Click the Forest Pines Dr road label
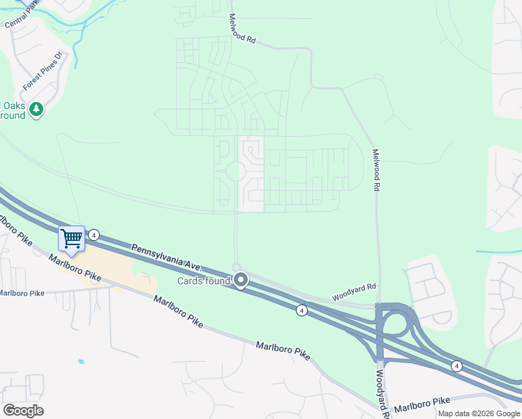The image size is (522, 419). pos(44,74)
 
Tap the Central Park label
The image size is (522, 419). pos(20,17)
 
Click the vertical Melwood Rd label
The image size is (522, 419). pos(376,170)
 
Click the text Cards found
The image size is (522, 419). pos(203,281)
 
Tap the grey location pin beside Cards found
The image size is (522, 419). pos(241,281)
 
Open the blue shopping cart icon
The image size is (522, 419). pos(71,239)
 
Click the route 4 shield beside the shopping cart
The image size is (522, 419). pos(94,235)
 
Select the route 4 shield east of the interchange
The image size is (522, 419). pos(456,365)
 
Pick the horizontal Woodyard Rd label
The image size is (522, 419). pos(354,292)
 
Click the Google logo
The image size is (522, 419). pos(23,411)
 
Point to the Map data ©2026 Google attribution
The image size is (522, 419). pos(479,413)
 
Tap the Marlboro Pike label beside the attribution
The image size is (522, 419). pos(422,403)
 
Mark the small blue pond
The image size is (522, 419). pos(82,362)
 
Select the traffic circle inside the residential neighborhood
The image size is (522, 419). pos(235,171)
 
